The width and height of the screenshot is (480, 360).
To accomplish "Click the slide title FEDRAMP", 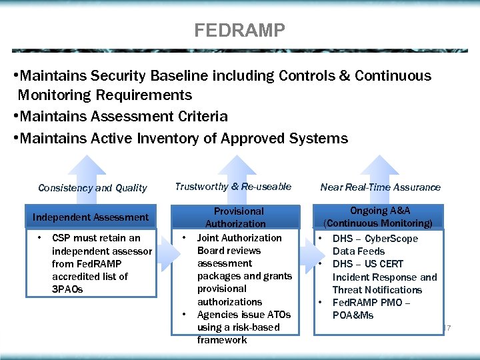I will point(239,31).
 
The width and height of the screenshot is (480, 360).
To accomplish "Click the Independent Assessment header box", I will point(91,217).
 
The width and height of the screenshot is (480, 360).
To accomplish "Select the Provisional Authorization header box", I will point(235,217).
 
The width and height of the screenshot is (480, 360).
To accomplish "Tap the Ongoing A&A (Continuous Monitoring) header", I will point(378,217).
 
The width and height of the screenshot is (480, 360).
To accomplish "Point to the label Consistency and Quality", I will point(92,188).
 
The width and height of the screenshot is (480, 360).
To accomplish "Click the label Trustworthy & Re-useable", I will point(233,187).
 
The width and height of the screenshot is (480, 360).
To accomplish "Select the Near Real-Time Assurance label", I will point(380,187).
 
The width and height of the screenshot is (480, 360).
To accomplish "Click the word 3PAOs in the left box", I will point(67,289).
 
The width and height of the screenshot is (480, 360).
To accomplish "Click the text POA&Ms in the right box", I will point(353,315).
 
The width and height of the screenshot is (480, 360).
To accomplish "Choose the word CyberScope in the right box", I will point(391,239).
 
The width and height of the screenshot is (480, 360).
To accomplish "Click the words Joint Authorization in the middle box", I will point(239,238).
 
